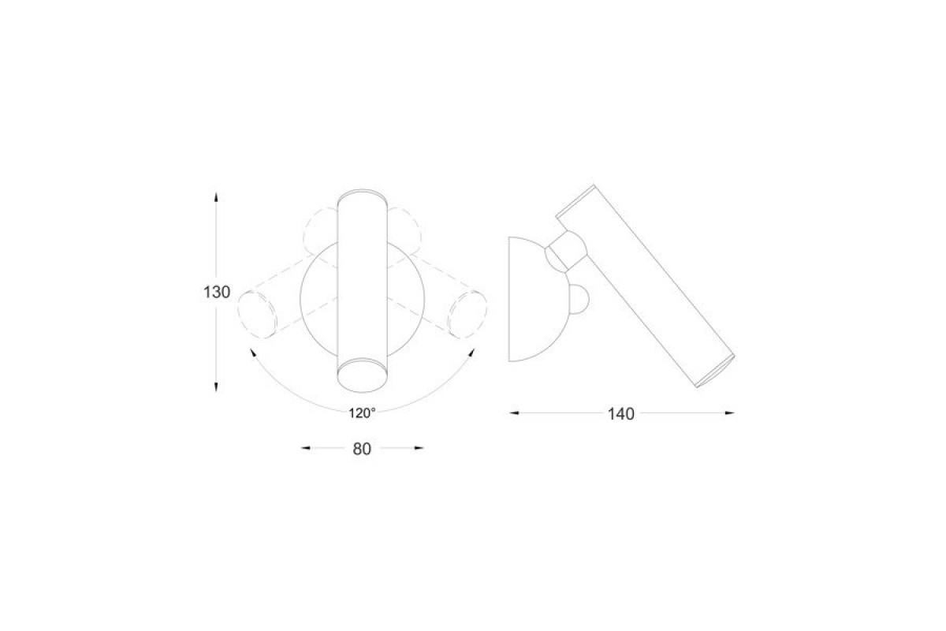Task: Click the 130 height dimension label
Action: tap(217, 292)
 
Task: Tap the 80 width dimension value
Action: tap(362, 450)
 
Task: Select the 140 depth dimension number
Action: tap(621, 414)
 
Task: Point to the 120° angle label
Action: tap(362, 413)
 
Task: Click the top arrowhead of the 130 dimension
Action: tap(216, 197)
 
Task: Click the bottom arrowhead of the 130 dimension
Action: tap(216, 387)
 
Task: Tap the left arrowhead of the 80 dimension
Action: tap(305, 448)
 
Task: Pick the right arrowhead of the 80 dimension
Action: tap(419, 448)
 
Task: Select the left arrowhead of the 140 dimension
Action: tap(514, 413)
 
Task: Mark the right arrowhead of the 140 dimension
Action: tap(730, 413)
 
